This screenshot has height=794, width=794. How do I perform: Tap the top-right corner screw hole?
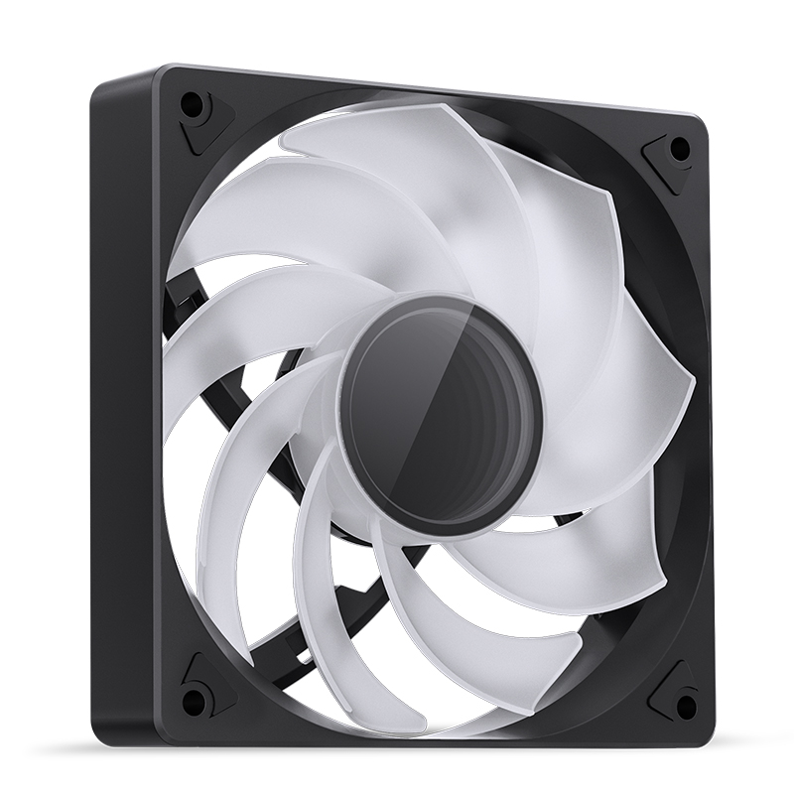[680, 149]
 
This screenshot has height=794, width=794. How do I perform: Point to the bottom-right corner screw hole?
[683, 706]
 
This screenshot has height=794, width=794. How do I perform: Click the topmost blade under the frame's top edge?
[397, 149]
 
